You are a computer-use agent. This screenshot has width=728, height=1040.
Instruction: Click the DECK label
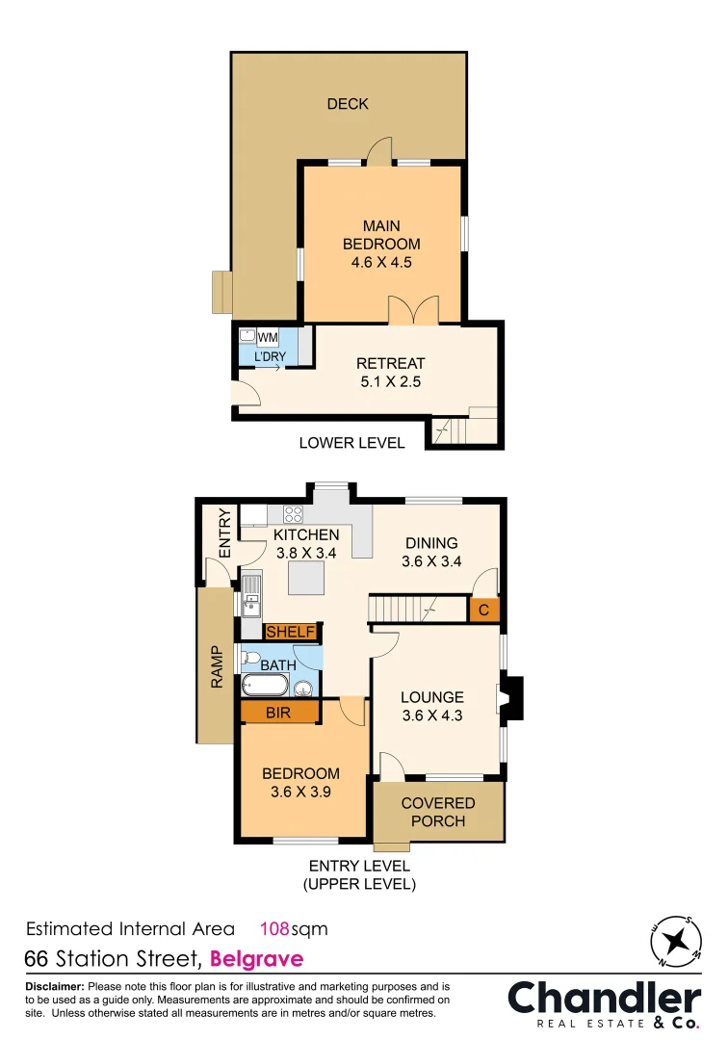(x=348, y=104)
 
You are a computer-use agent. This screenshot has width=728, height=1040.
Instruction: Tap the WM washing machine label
(x=267, y=337)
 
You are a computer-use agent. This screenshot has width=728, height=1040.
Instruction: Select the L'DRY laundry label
(x=270, y=357)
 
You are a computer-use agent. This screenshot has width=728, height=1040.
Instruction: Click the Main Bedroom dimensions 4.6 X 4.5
(x=381, y=262)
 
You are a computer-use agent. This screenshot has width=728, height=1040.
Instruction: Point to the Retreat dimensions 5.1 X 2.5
(x=390, y=381)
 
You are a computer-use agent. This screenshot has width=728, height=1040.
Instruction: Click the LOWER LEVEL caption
(x=351, y=443)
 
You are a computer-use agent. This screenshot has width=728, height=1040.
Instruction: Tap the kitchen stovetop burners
(x=293, y=513)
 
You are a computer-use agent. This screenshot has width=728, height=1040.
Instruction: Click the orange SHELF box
(x=291, y=632)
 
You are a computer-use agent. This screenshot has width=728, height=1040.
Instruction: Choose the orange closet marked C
(x=484, y=610)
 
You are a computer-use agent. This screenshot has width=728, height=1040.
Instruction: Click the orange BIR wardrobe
(x=278, y=713)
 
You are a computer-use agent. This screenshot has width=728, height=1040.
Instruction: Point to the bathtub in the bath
(x=264, y=687)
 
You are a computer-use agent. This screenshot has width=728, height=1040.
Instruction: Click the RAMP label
(x=216, y=666)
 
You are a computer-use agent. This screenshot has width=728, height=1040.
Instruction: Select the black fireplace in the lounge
(x=511, y=698)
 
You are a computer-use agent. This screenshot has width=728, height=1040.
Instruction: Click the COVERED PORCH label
(x=438, y=812)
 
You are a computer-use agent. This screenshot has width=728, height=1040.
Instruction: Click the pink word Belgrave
(x=256, y=958)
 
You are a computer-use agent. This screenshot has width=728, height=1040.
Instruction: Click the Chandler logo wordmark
(x=605, y=997)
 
